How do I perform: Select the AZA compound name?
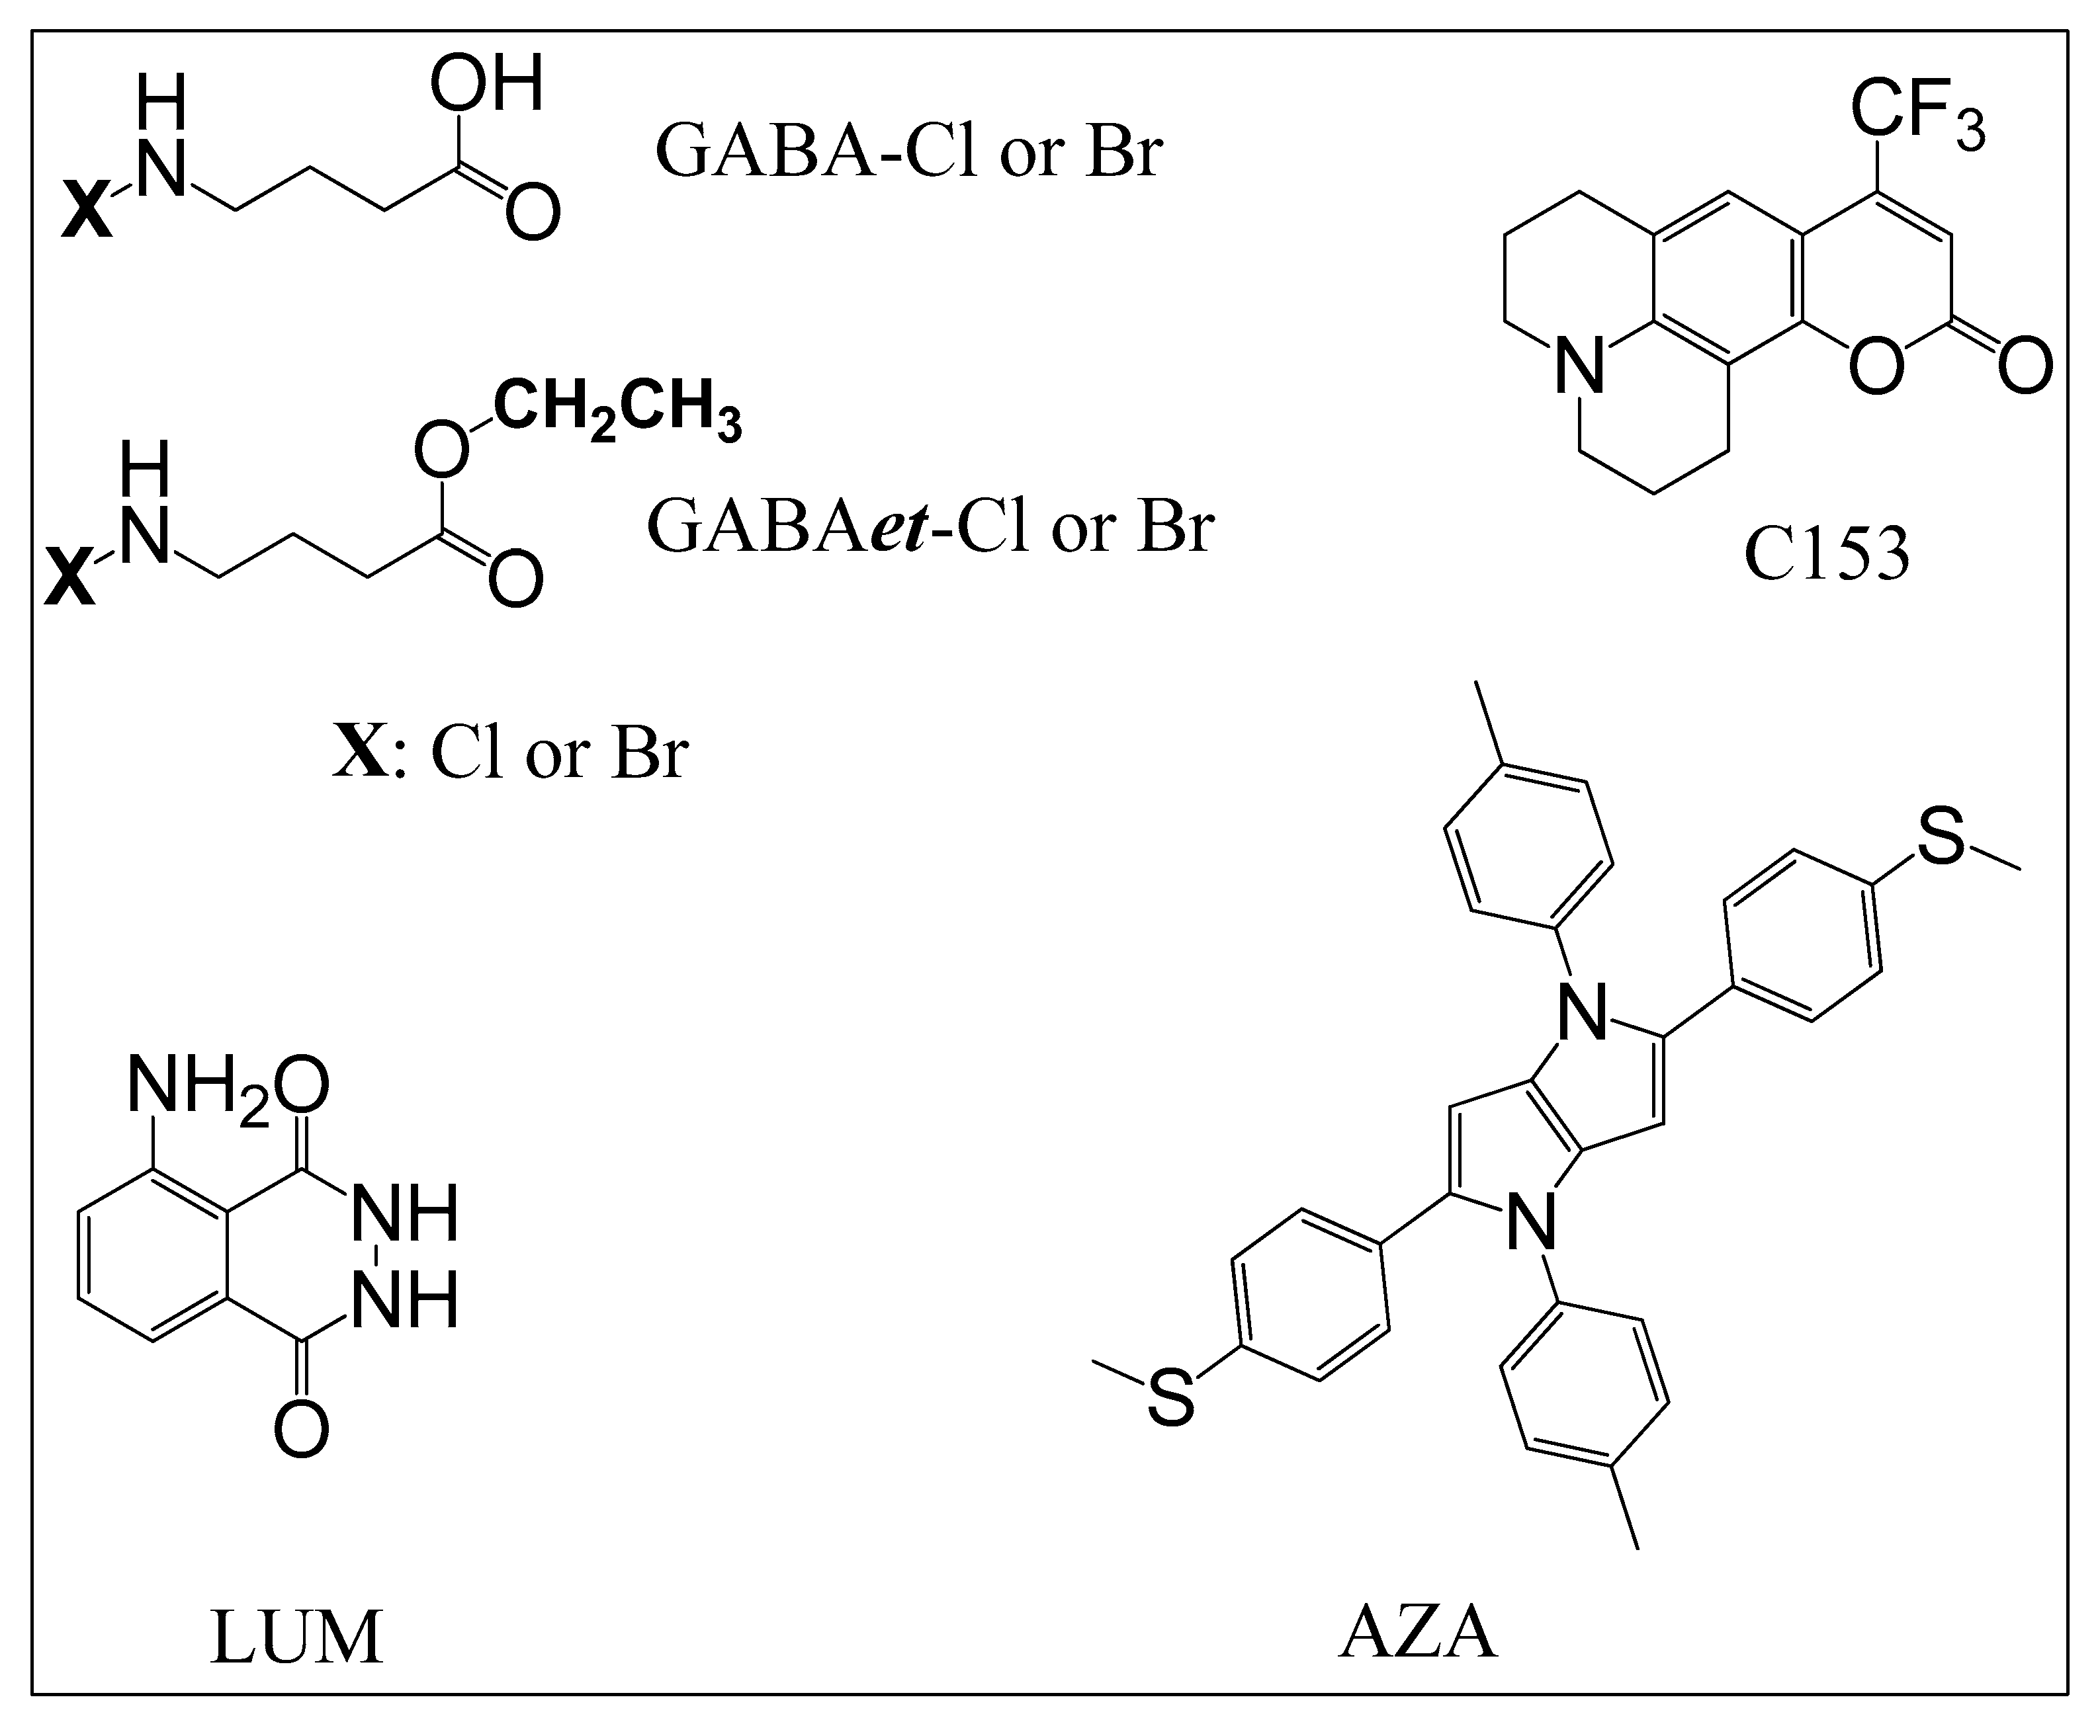pyautogui.click(x=1418, y=1633)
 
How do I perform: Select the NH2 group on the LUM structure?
pyautogui.click(x=197, y=1087)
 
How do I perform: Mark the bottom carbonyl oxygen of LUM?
pyautogui.click(x=301, y=1430)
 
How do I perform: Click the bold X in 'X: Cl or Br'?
pyautogui.click(x=360, y=752)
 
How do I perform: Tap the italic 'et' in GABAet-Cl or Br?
pyautogui.click(x=899, y=527)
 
